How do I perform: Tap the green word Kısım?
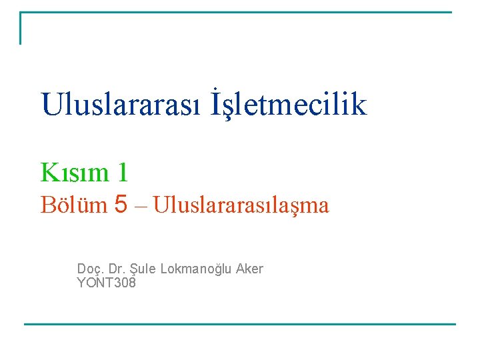[74, 173]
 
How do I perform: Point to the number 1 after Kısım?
[121, 173]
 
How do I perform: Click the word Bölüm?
[73, 205]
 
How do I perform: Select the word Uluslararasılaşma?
[241, 206]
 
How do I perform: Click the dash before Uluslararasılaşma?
[141, 206]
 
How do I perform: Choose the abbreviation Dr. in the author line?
[116, 269]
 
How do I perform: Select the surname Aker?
[249, 269]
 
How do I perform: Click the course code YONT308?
[107, 283]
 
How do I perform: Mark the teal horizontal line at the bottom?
[240, 325]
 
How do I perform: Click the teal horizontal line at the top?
[236, 12]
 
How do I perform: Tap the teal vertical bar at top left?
[21, 28]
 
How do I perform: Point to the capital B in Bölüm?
[47, 205]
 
